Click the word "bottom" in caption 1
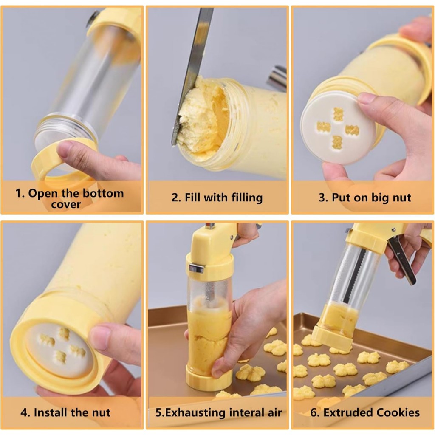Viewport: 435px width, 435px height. pos(103,193)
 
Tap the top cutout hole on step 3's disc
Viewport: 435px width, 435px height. pos(338,114)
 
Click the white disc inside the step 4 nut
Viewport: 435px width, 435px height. pos(59,351)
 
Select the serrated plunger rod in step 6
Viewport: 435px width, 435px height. pos(354,275)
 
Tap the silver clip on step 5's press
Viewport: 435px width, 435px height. pos(196,268)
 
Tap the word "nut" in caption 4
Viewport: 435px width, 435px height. pos(101,413)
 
